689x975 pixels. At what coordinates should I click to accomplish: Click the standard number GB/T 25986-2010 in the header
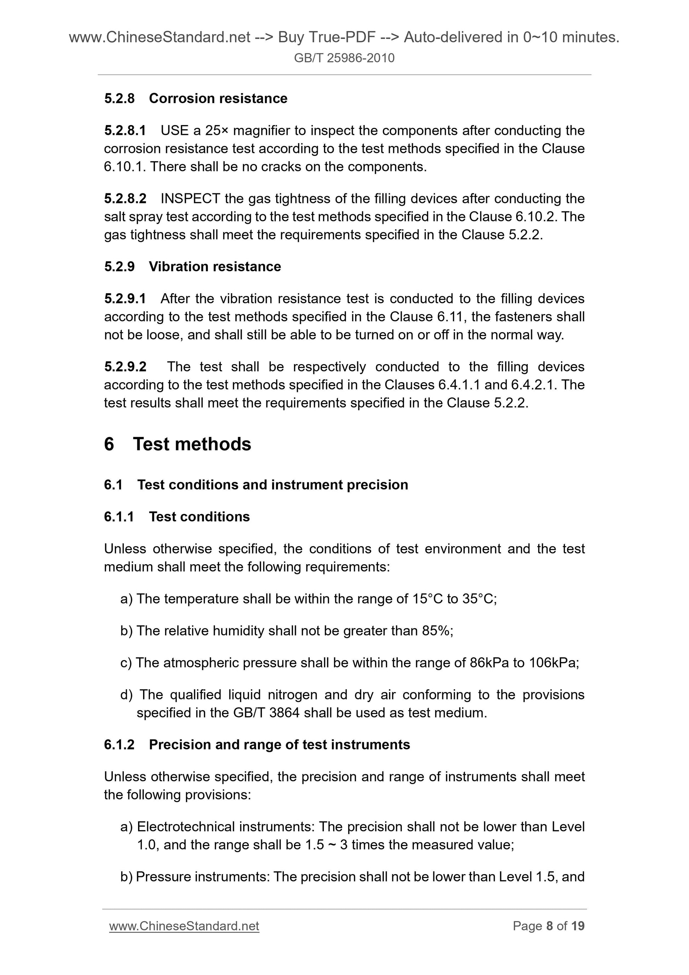coord(344,58)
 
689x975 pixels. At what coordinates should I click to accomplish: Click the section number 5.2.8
coord(119,98)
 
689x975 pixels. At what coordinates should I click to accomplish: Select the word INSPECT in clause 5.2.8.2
coord(190,198)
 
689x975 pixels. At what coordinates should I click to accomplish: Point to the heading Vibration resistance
coord(215,267)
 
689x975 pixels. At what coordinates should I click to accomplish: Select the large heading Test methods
coord(192,444)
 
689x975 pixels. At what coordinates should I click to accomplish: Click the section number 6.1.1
coord(119,517)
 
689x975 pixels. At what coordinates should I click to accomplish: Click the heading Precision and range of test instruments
coord(279,745)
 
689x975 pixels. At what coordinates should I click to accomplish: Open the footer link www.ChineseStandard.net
coord(184,926)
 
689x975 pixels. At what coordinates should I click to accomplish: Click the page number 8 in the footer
coord(550,926)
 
